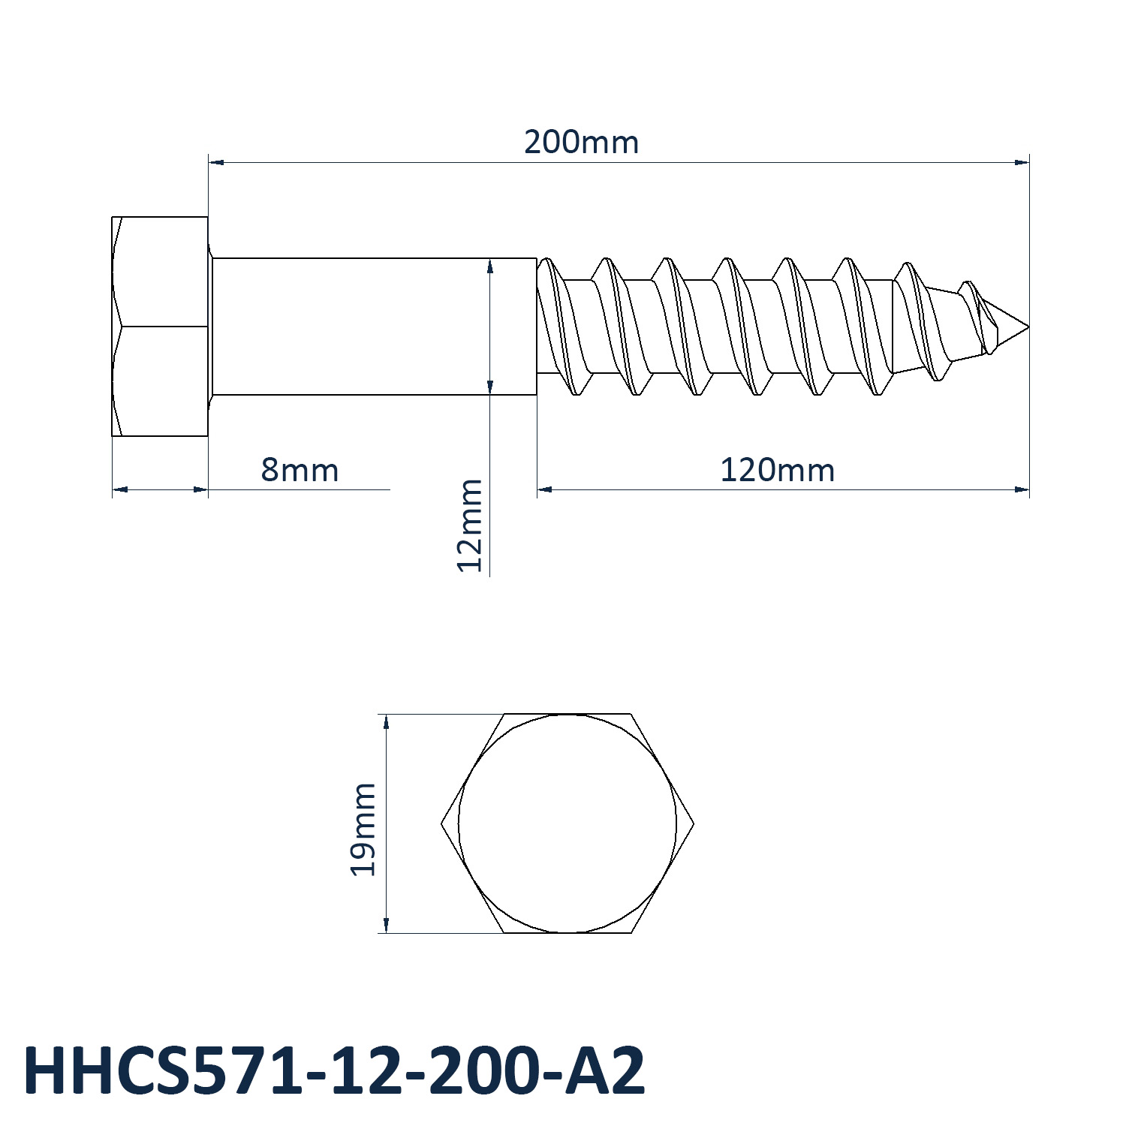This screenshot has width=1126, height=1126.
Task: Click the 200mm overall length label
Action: pyautogui.click(x=581, y=142)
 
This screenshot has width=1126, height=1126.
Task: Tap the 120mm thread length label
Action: pyautogui.click(x=777, y=471)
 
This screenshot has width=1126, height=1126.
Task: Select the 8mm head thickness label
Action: pyautogui.click(x=300, y=471)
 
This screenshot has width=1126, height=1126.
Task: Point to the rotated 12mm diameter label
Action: pyautogui.click(x=470, y=525)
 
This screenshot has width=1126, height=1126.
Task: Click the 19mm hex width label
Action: pyautogui.click(x=363, y=829)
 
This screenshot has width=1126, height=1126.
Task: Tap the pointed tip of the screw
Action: pyautogui.click(x=1028, y=327)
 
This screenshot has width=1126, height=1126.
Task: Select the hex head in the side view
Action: pyautogui.click(x=160, y=327)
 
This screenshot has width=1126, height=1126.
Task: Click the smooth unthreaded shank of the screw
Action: pyautogui.click(x=374, y=327)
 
